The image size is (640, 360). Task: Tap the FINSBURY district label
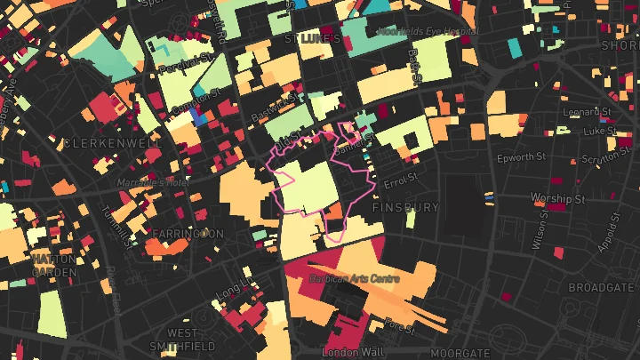(405, 207)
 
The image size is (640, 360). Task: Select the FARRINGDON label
(188, 234)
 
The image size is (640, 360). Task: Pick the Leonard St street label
(587, 112)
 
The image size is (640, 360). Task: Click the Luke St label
(599, 130)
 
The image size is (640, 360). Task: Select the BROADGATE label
(601, 288)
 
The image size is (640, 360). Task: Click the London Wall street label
(352, 353)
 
